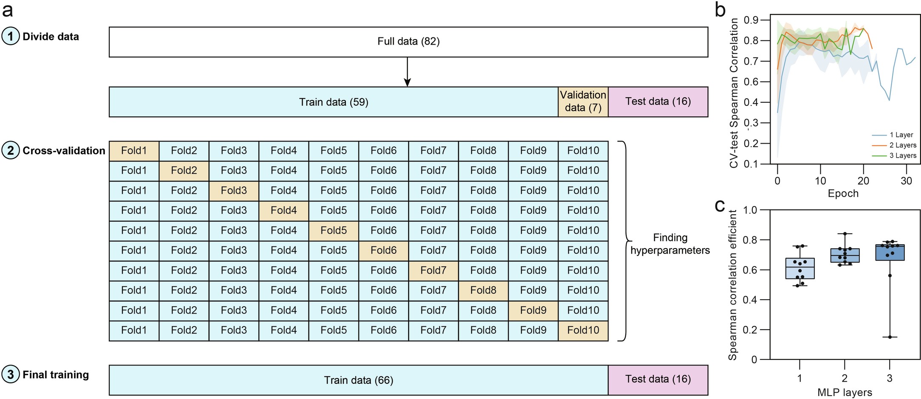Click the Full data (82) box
(408, 42)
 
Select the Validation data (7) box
(583, 102)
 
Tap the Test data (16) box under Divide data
(658, 102)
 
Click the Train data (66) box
(359, 380)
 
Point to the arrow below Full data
(407, 72)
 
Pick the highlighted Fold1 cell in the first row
(134, 150)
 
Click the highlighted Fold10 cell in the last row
(583, 330)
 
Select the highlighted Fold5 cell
(333, 230)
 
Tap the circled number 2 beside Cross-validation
(11, 150)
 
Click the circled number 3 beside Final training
(11, 375)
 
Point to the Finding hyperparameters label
(670, 244)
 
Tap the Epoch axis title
(843, 194)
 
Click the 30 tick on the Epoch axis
(906, 181)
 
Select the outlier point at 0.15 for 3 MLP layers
(890, 337)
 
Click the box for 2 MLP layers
(845, 255)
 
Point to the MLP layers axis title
(845, 393)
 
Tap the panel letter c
(720, 206)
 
